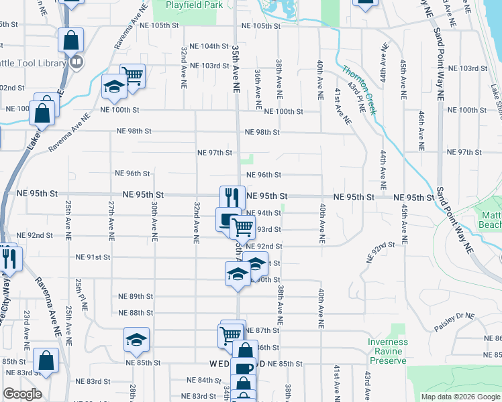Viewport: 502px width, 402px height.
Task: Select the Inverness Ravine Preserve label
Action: click(387, 351)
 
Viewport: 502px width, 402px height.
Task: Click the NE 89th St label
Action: click(136, 296)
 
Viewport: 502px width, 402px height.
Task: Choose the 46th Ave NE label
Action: click(421, 131)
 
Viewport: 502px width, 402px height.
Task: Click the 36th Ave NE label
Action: click(258, 88)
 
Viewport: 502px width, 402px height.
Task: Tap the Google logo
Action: click(22, 394)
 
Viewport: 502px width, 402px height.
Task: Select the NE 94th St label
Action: click(264, 213)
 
